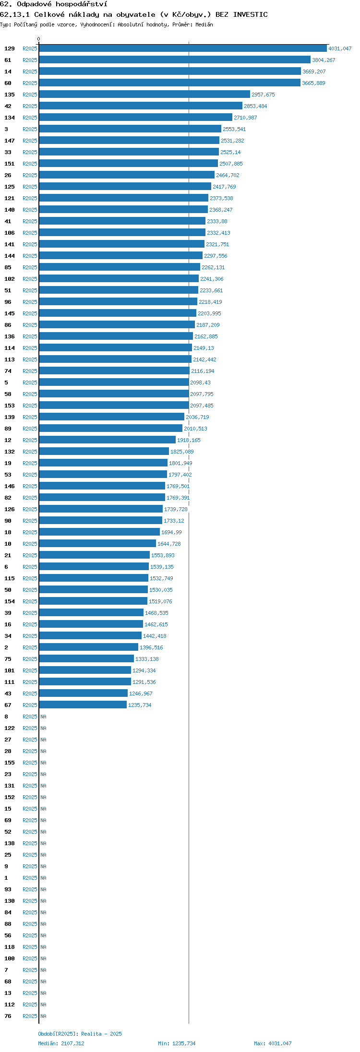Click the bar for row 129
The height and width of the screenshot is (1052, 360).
click(183, 48)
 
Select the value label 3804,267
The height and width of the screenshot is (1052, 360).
click(324, 60)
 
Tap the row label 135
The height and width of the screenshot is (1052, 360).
click(10, 95)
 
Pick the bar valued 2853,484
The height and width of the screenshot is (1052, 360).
click(141, 106)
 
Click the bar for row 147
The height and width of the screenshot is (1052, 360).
click(129, 141)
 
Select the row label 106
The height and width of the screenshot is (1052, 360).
click(10, 233)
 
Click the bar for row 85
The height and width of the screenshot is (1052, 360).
click(120, 267)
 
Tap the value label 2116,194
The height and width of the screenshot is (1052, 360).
click(203, 371)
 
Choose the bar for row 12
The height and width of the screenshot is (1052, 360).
click(107, 440)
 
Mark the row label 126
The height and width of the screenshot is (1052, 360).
click(10, 509)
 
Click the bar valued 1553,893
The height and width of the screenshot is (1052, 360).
click(94, 555)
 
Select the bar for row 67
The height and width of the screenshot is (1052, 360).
click(83, 705)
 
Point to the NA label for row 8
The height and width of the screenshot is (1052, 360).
click(43, 717)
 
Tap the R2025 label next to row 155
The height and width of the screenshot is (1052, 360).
click(30, 763)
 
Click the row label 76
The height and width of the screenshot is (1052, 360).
click(8, 1016)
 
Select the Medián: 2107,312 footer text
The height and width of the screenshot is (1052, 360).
click(61, 1043)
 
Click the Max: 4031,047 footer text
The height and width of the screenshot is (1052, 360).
click(273, 1043)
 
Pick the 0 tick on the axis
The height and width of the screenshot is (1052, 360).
click(39, 39)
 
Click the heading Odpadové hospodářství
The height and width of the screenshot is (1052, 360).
click(62, 4)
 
